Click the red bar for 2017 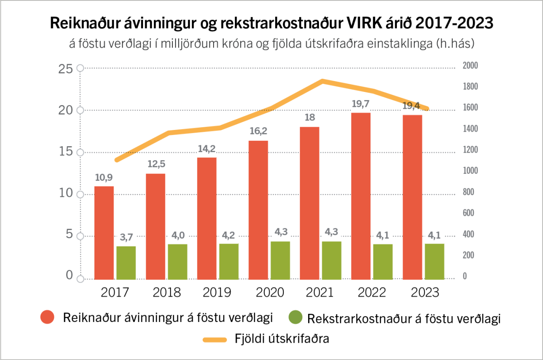click(x=104, y=233)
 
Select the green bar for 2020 click(x=280, y=260)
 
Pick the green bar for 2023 click(x=434, y=262)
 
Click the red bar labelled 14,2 click(x=207, y=218)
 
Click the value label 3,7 click(x=126, y=237)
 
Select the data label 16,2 click(x=258, y=131)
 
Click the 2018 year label click(x=167, y=293)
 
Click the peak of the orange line click(x=322, y=81)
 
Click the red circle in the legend click(x=48, y=317)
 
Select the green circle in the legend click(x=295, y=317)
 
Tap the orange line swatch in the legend click(x=216, y=339)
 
